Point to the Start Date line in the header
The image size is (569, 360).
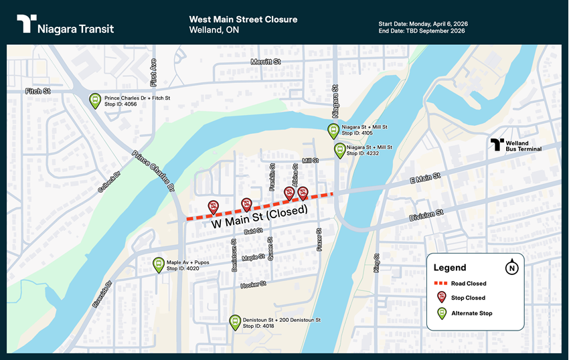423,24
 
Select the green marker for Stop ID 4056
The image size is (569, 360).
95,100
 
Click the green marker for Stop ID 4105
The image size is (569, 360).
333,130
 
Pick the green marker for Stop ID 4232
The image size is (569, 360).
340,150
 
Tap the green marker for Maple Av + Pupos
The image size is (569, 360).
158,264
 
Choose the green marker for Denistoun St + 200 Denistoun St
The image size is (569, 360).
234,322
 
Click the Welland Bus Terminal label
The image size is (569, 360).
516,145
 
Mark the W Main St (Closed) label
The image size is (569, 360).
260,218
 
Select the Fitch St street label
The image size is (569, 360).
38,91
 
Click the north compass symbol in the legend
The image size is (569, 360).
512,268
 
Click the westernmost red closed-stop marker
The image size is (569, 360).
213,206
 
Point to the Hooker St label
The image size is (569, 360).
253,285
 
